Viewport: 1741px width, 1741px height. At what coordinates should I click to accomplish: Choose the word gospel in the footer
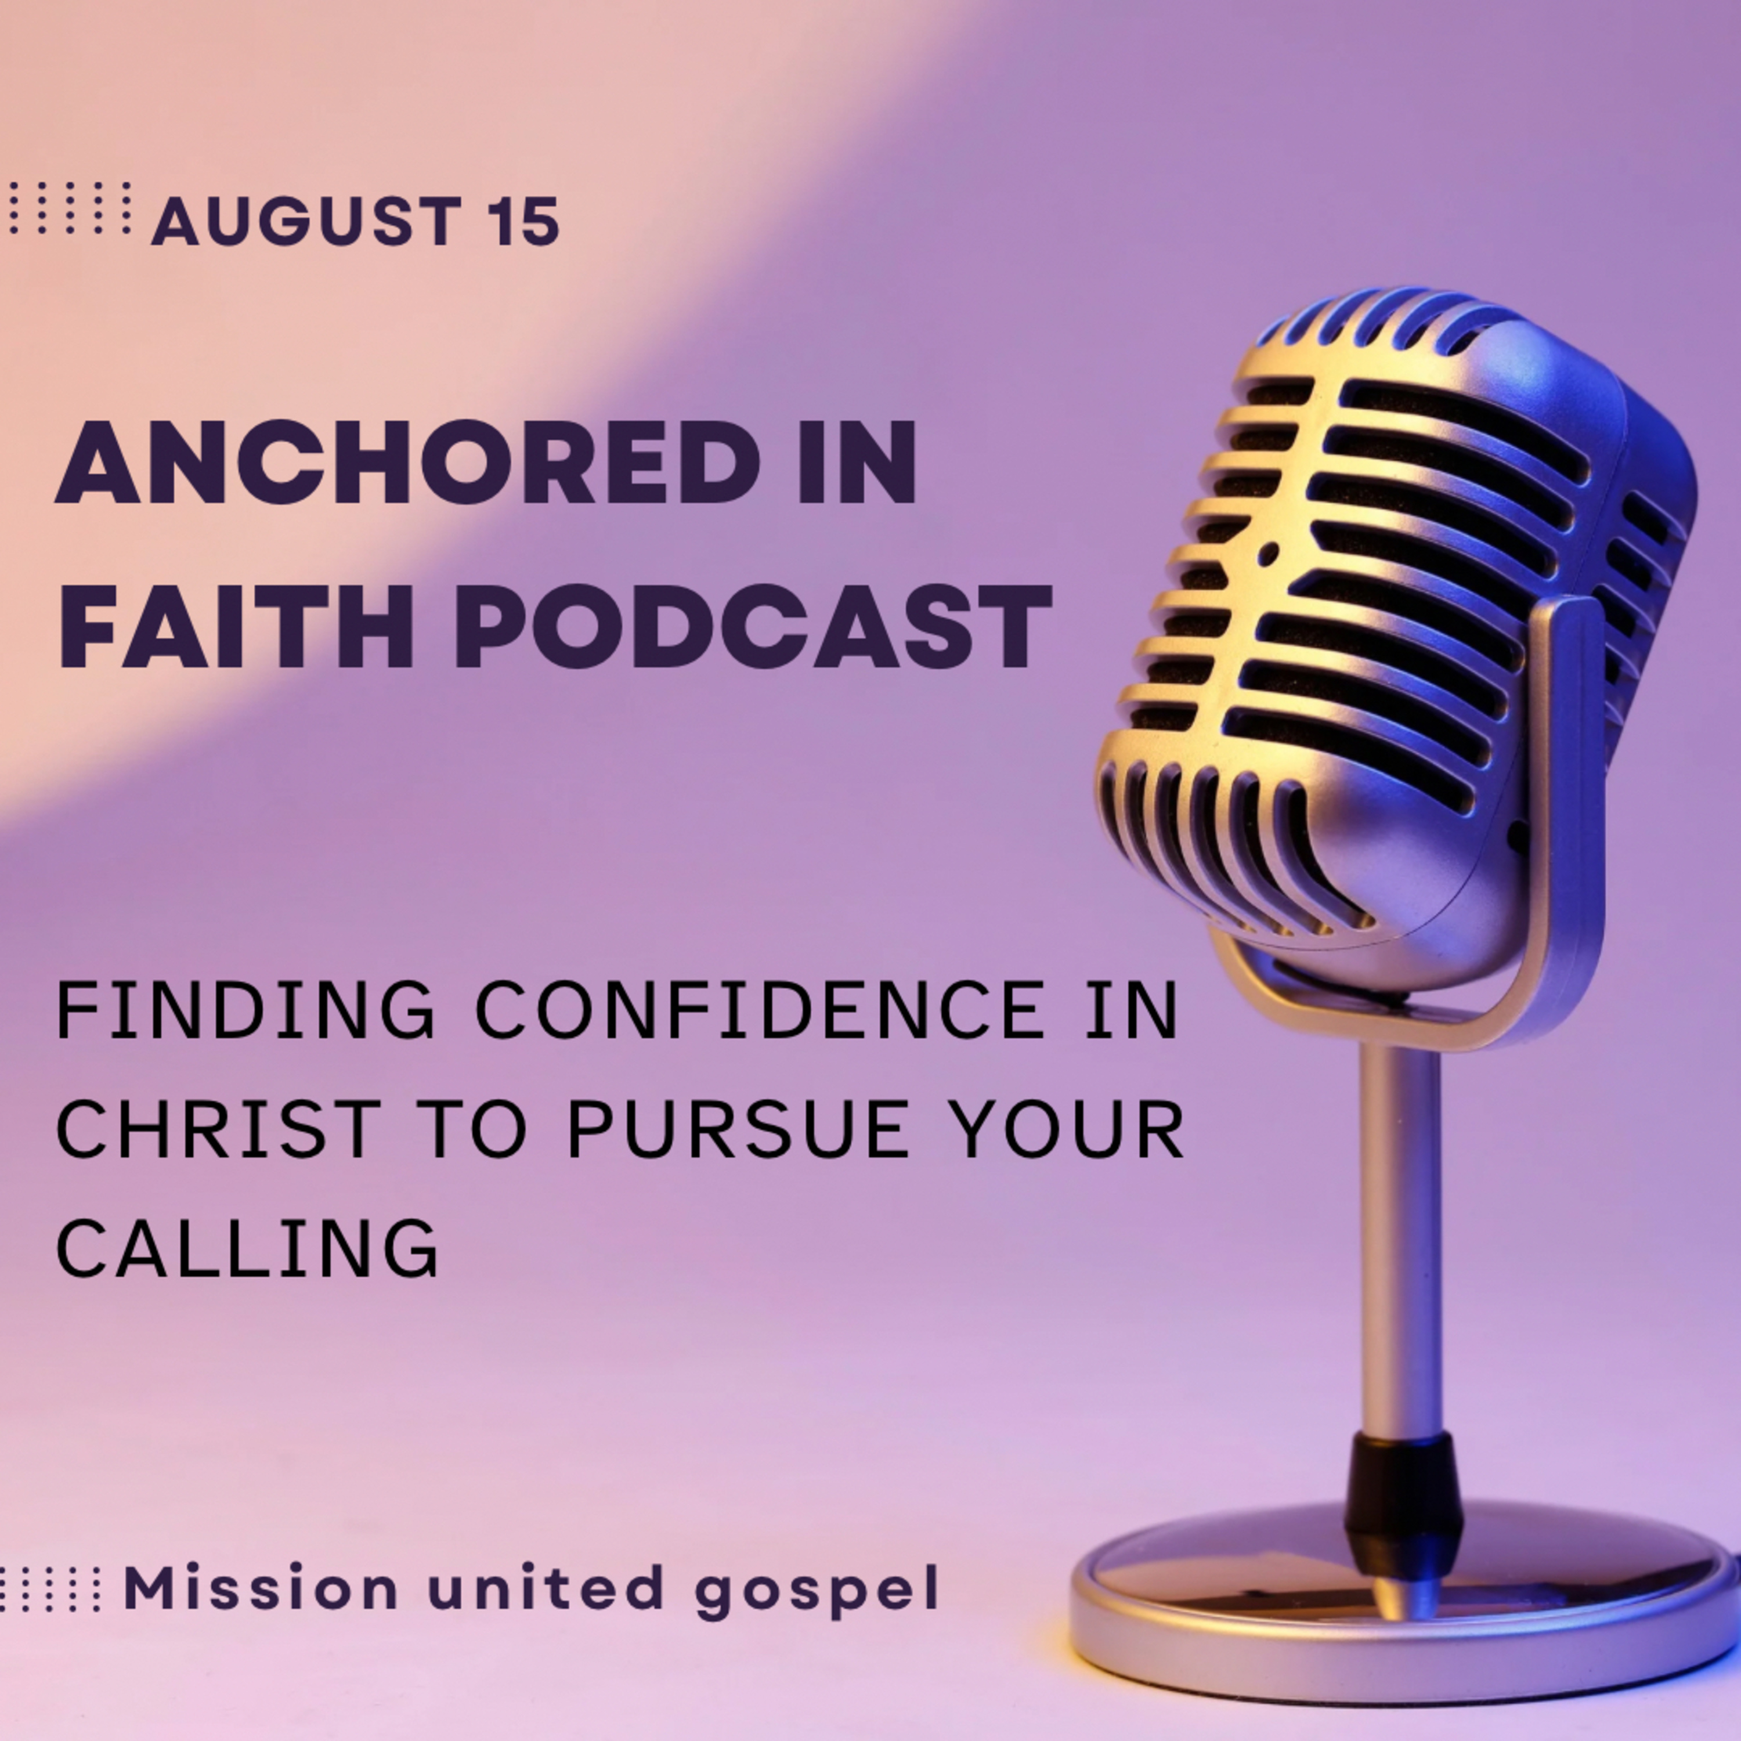817,1593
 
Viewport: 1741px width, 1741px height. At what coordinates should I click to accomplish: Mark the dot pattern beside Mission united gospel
49,1588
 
